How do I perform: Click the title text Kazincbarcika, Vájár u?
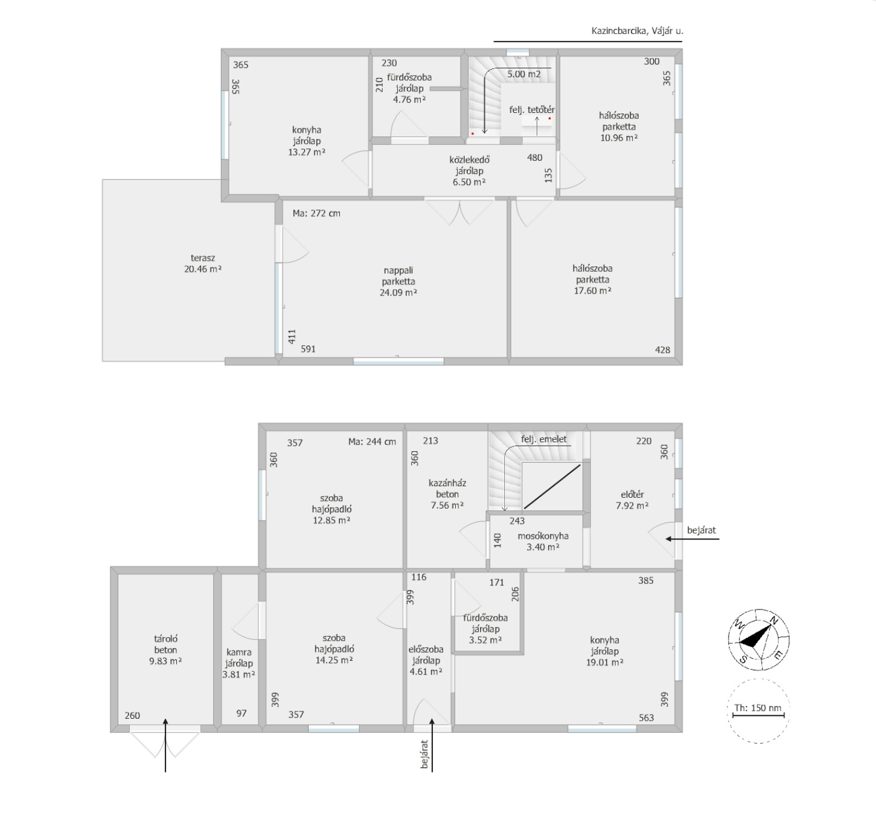637,31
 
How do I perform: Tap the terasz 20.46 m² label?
202,263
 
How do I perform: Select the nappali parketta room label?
398,275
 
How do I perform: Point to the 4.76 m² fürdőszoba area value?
409,100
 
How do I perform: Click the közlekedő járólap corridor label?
469,165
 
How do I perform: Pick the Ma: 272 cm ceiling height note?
316,214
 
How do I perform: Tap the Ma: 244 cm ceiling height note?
372,442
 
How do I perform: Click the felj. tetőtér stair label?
531,110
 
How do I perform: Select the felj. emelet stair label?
544,440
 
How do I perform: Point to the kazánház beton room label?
447,489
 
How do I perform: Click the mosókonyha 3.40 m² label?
543,542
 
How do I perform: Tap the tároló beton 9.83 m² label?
165,650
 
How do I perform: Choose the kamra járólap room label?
238,658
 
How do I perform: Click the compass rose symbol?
758,640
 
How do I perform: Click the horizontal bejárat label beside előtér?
702,530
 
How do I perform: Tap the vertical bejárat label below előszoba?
425,754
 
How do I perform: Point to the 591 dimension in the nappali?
308,349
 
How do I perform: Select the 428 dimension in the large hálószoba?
662,350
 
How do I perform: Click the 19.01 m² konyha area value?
604,663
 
